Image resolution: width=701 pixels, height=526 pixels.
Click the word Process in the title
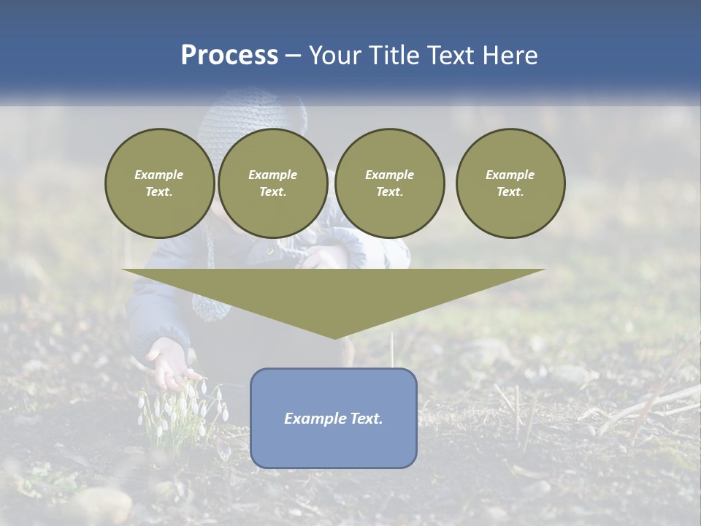(229, 56)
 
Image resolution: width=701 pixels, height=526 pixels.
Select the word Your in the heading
(334, 56)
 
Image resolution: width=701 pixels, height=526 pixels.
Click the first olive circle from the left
(159, 183)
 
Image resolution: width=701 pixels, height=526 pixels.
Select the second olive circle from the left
(272, 183)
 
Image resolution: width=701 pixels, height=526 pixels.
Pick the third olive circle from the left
(389, 183)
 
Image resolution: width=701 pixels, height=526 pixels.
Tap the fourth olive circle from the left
(510, 183)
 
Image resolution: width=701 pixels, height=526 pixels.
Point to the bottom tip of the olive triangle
(334, 338)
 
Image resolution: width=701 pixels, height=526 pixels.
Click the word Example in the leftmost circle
(159, 175)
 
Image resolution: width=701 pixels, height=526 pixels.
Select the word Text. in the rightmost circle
(510, 192)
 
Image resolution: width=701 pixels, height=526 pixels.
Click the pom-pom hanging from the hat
(210, 303)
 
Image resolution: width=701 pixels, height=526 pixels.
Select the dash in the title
(293, 56)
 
